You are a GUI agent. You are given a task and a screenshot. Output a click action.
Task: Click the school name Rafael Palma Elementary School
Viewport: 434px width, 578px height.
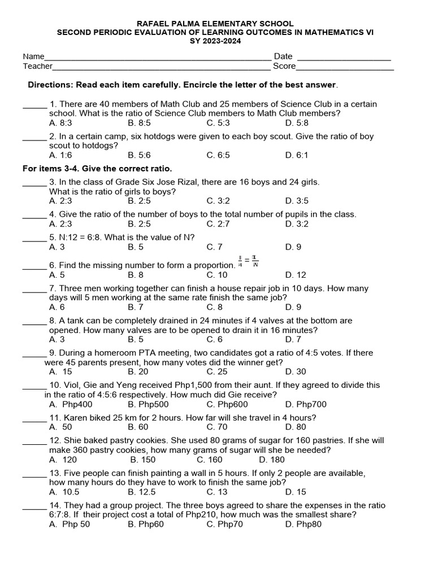click(x=217, y=24)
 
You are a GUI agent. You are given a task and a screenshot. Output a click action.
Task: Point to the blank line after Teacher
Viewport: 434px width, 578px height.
click(x=162, y=68)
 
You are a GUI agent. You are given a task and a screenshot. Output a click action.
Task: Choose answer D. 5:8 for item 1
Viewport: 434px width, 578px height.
click(x=297, y=122)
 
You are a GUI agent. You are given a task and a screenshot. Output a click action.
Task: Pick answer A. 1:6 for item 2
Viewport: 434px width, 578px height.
click(x=60, y=155)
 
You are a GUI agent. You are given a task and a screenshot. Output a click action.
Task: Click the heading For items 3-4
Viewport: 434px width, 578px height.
click(x=97, y=169)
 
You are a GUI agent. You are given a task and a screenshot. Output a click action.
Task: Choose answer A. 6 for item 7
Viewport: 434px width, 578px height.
click(x=57, y=307)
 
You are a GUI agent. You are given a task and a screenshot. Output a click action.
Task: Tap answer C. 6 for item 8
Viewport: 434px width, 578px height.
click(x=215, y=339)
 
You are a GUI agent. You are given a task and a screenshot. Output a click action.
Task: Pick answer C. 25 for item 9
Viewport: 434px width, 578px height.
click(x=217, y=371)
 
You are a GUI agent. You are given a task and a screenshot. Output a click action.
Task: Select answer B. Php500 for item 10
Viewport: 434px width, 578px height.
click(x=148, y=404)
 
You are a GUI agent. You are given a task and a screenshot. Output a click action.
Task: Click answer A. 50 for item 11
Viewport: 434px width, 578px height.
click(x=60, y=427)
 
